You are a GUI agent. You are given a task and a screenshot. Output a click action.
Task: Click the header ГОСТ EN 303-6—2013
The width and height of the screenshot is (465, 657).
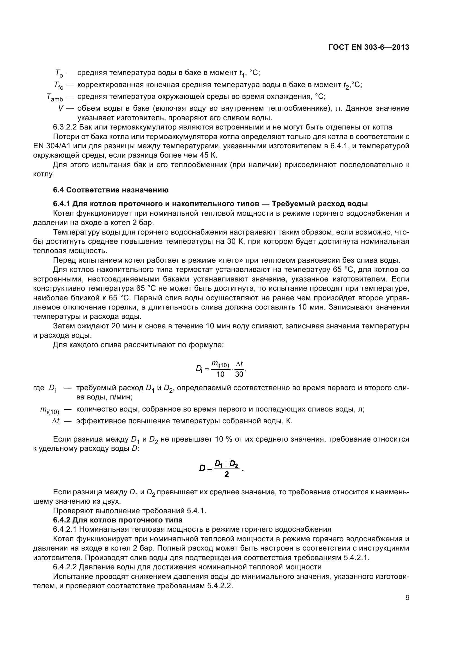[x=369, y=47]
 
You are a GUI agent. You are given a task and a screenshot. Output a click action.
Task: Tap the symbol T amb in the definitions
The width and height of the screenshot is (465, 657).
[x=55, y=97]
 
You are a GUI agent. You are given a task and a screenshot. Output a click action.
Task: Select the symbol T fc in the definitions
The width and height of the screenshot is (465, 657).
[x=58, y=85]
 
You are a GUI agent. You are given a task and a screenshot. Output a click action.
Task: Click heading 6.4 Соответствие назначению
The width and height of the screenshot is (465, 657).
[x=111, y=190]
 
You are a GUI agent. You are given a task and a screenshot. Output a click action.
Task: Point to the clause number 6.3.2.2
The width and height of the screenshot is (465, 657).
[x=65, y=127]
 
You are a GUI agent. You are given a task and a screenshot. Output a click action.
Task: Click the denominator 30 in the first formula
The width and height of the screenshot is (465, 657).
[x=239, y=374]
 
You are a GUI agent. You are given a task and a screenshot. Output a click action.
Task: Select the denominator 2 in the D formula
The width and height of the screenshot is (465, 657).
[x=227, y=474]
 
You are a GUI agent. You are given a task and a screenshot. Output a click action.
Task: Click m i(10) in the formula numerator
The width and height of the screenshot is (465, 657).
[x=220, y=364]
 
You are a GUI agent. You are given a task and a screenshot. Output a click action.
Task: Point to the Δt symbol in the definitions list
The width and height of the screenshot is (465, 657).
[x=56, y=421]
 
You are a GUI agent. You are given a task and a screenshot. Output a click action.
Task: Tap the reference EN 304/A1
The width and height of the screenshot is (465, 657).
[x=52, y=146]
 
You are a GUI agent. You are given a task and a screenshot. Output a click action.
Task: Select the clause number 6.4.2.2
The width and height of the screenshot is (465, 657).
[x=65, y=567]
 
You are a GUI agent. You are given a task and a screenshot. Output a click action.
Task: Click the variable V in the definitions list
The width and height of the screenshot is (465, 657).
[x=60, y=108]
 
